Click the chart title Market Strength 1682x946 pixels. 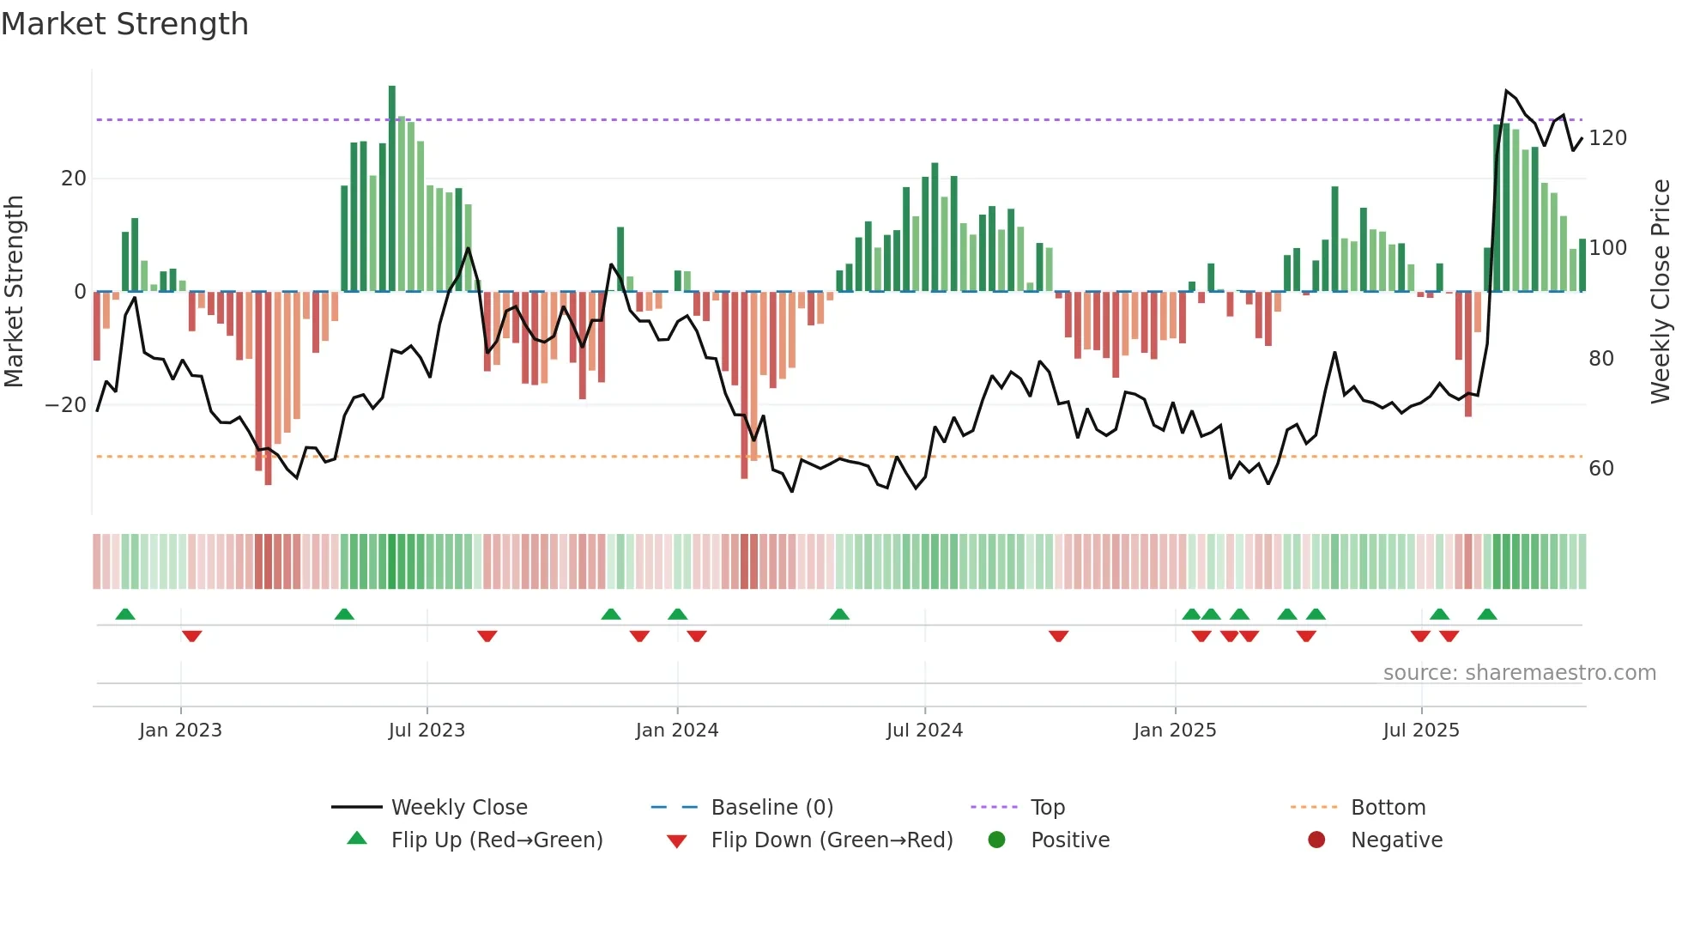tap(124, 24)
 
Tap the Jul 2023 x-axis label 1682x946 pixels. tap(427, 731)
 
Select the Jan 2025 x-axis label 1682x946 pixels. tap(1175, 731)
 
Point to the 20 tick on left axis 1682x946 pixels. tap(74, 179)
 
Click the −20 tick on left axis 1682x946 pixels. tap(67, 405)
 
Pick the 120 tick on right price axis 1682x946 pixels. tap(1607, 138)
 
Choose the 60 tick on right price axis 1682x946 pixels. tap(1601, 469)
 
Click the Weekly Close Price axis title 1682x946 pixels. tap(1661, 292)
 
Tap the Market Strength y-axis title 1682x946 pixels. tap(15, 292)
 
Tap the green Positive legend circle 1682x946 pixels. tap(996, 840)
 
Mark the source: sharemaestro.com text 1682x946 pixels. tap(1519, 673)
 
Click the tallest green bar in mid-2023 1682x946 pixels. tap(392, 189)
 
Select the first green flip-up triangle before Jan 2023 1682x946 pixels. tap(125, 614)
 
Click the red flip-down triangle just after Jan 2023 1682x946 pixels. tap(191, 636)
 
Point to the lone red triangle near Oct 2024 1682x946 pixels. tap(1058, 636)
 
